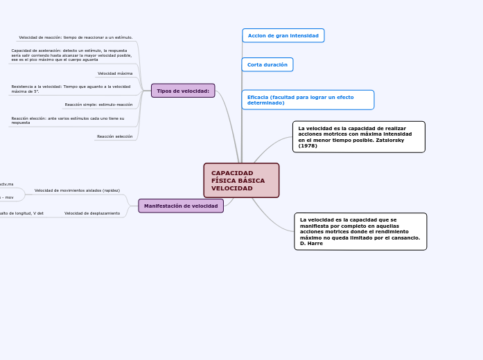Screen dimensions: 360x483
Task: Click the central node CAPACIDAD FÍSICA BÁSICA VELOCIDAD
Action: [x=241, y=181]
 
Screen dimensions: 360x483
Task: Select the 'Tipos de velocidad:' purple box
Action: [x=183, y=91]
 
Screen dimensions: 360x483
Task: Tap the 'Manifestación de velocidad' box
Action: [x=181, y=206]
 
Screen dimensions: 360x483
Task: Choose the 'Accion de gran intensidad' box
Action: [x=283, y=35]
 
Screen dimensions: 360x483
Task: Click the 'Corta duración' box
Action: [x=267, y=64]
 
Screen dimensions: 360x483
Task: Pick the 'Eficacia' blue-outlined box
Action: [x=308, y=100]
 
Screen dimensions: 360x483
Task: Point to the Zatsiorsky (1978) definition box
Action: [x=358, y=136]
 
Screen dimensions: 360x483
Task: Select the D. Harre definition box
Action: [x=360, y=231]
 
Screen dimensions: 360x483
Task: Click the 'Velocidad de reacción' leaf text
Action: [x=76, y=37]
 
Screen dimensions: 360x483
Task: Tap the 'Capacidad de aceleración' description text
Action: [x=71, y=55]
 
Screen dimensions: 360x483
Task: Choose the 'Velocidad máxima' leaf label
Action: [x=115, y=73]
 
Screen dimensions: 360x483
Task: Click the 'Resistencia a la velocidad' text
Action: [x=71, y=89]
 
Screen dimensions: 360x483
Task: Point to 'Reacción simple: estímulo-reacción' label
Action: [x=98, y=105]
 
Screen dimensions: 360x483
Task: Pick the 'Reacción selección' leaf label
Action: [x=114, y=136]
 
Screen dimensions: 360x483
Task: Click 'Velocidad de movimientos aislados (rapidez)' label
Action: [x=77, y=190]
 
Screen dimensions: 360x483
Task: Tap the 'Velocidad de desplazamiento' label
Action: [x=92, y=213]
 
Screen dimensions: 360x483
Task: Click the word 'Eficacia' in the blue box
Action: [x=258, y=97]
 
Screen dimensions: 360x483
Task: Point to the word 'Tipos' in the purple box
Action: [x=164, y=91]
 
